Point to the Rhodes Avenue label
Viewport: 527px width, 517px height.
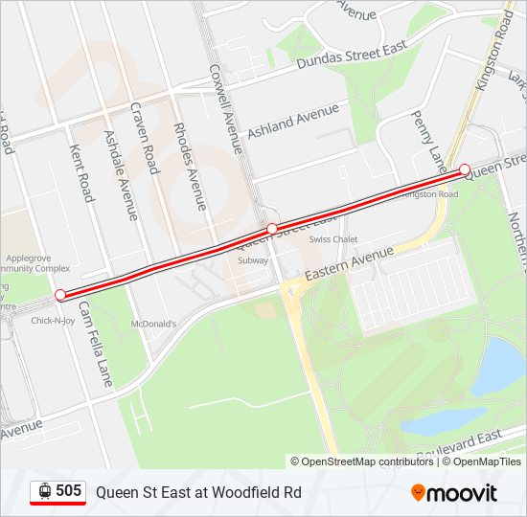189,166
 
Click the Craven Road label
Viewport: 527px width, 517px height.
143,138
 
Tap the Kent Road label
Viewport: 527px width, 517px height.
81,173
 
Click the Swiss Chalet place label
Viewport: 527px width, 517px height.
332,239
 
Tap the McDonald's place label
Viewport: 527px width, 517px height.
154,324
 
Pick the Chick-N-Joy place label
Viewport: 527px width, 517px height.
53,320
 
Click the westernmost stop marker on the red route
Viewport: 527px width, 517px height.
60,295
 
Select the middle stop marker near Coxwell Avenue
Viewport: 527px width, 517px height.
272,228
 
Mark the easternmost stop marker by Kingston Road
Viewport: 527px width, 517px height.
465,169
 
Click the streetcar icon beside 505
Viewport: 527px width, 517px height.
44,491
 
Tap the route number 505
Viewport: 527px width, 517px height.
68,491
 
